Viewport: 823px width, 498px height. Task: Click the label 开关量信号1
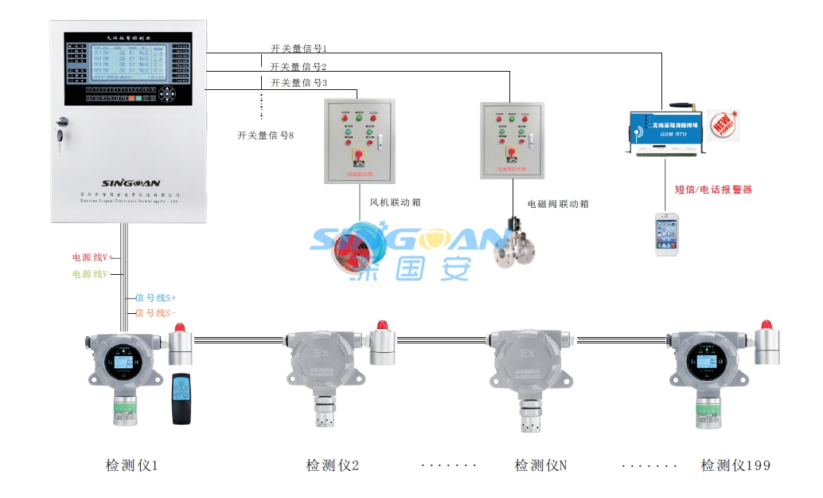tap(298, 49)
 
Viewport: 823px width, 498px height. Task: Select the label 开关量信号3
tap(298, 83)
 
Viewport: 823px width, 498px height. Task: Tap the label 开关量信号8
tap(265, 135)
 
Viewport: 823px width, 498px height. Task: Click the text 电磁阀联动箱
tap(558, 204)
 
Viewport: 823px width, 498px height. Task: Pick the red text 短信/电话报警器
tap(713, 190)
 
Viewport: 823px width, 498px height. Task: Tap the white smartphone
tap(667, 233)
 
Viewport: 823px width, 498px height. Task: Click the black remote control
tap(182, 398)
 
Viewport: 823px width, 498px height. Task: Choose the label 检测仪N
tap(540, 465)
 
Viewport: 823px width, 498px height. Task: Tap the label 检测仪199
tap(735, 465)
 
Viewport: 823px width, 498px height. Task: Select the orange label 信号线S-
tap(156, 313)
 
